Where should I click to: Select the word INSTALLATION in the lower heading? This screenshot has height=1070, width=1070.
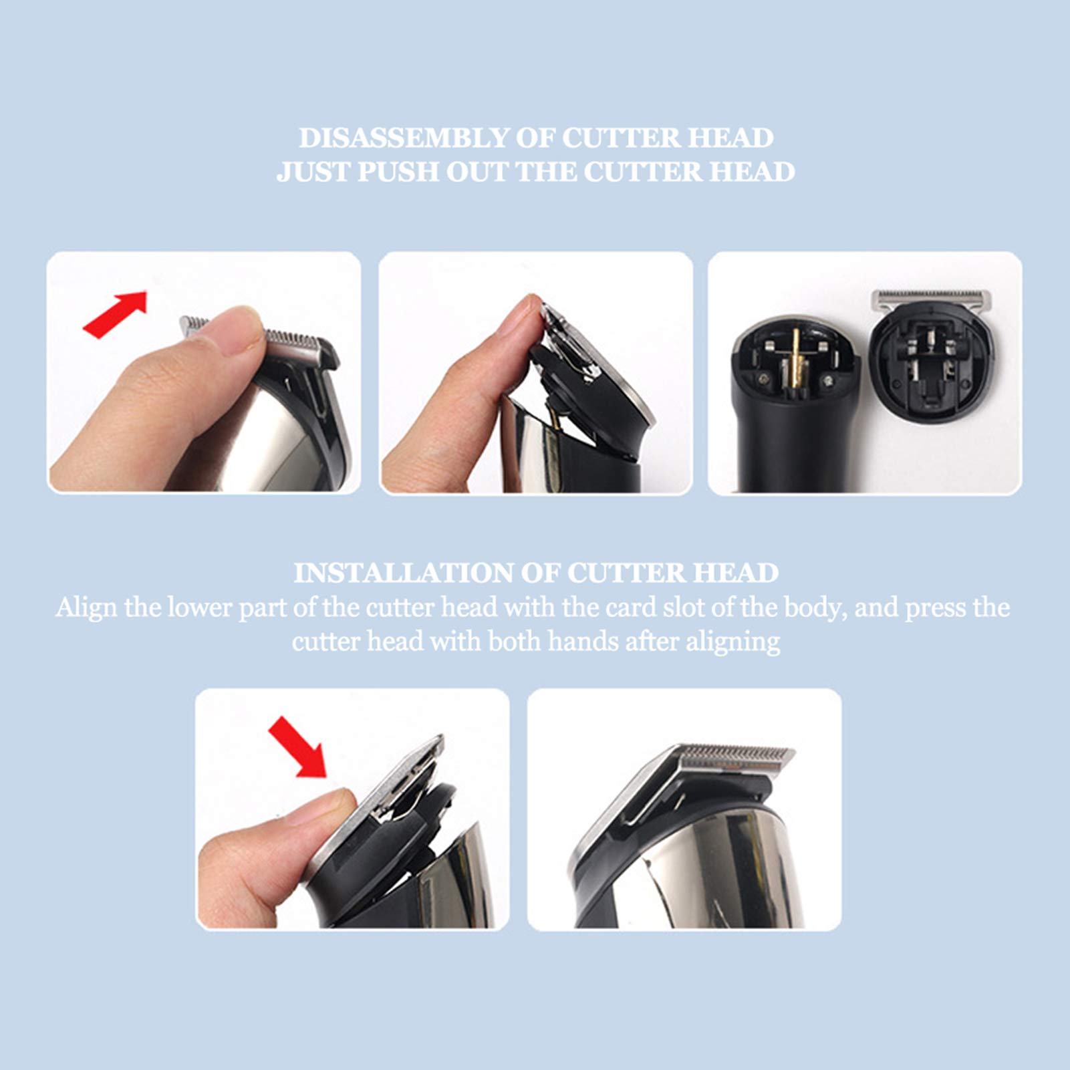[x=402, y=573]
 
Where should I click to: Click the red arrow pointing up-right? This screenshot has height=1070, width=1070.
[x=115, y=314]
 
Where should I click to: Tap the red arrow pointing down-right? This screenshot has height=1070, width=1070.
[x=297, y=747]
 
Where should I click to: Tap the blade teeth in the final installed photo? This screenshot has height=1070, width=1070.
[x=736, y=753]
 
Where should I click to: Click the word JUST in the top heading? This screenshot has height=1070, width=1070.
[x=313, y=172]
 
